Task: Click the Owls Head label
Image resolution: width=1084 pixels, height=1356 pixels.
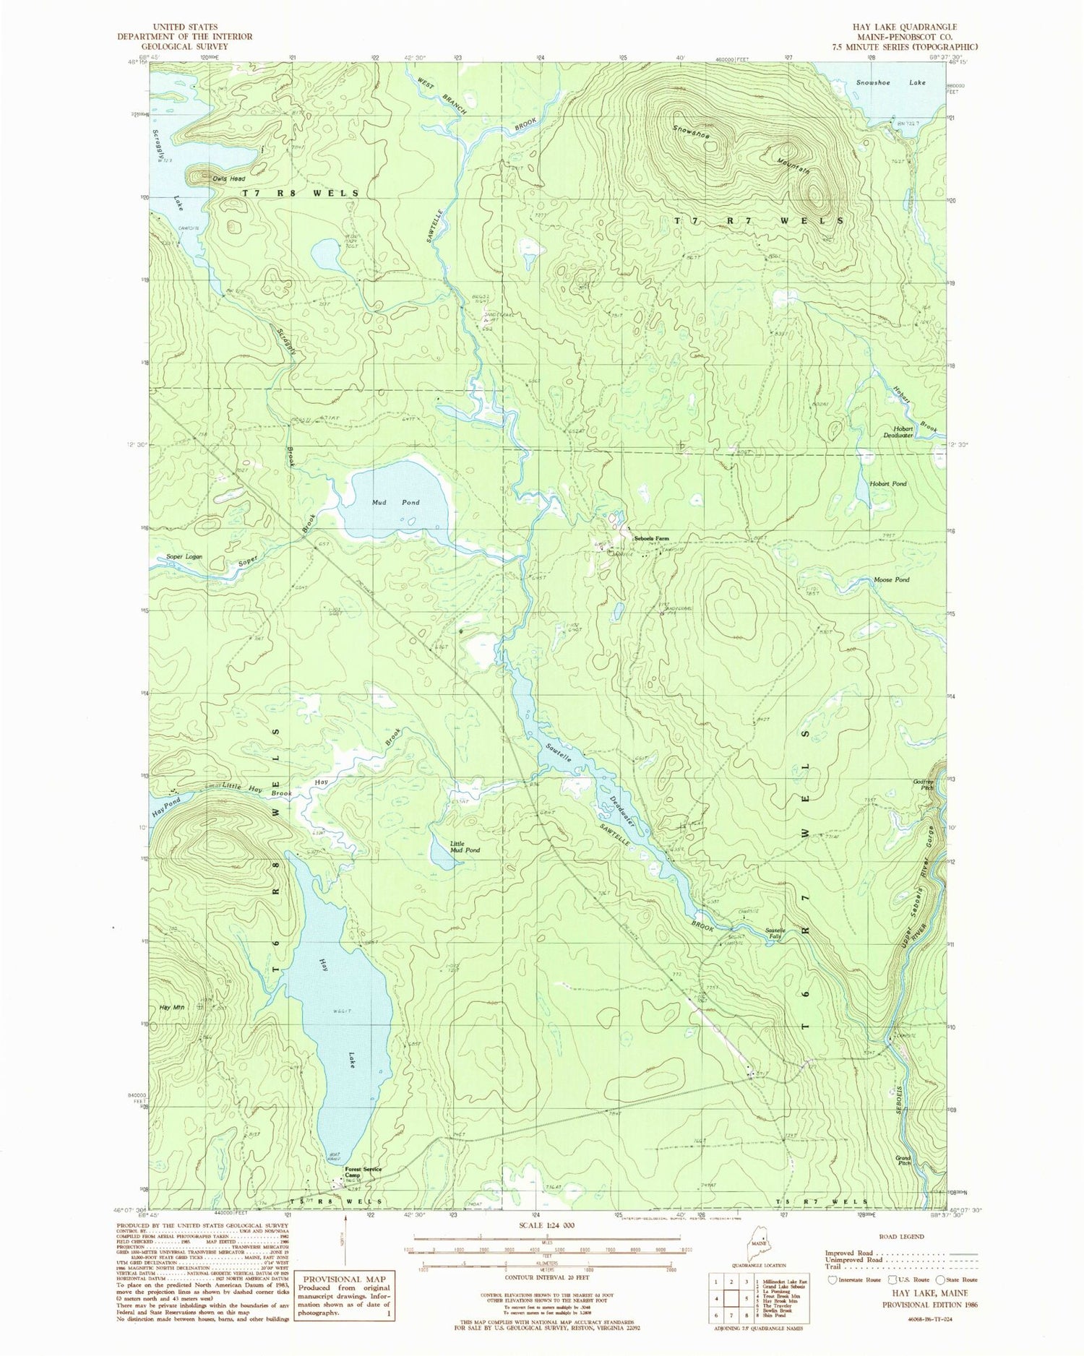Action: pyautogui.click(x=229, y=178)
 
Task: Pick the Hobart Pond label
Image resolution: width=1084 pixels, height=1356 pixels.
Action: pyautogui.click(x=888, y=483)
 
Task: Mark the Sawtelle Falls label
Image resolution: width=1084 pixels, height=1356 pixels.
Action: pyautogui.click(x=780, y=933)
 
